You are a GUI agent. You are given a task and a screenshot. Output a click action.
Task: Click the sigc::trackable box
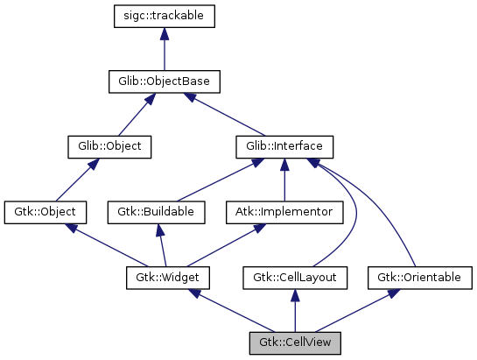164,16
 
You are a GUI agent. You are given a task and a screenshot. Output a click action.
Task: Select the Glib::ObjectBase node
164,82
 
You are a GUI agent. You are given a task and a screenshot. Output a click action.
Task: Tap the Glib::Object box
109,146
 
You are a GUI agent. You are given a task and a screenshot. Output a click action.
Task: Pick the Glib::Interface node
284,146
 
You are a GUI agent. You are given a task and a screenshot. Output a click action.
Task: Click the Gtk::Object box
46,211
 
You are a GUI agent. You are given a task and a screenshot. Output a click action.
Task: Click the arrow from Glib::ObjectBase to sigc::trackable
164,49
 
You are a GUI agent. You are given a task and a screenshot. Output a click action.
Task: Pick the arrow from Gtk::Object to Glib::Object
78,179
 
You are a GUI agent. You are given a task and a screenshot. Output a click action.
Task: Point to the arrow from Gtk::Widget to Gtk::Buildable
159,244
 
